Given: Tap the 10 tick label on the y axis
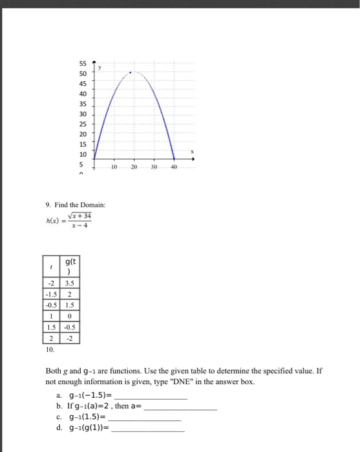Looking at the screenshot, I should point(83,154).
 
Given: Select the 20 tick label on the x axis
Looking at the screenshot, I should point(134,166).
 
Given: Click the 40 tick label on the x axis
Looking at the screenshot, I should point(173,166).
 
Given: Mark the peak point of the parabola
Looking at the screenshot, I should point(131,72).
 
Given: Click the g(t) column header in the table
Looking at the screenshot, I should point(69,266).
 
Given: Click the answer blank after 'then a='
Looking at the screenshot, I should point(182,406).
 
